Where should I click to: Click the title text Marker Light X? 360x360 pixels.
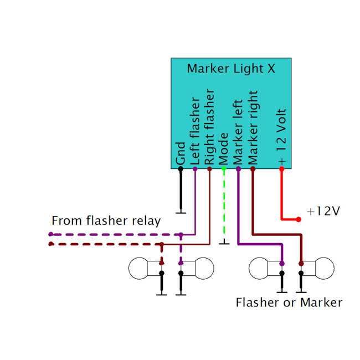tap(230, 69)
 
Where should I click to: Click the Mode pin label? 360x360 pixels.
tap(224, 148)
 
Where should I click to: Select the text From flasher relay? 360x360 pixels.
tap(106, 221)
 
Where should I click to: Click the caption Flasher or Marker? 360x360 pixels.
tap(289, 302)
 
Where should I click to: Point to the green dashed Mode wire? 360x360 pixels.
tap(224, 205)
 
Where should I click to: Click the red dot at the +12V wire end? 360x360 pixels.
tap(299, 220)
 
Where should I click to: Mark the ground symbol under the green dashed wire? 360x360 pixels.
tap(224, 243)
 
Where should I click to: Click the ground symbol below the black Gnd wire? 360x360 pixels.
tap(181, 212)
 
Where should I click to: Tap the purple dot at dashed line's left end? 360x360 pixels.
tap(50, 234)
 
